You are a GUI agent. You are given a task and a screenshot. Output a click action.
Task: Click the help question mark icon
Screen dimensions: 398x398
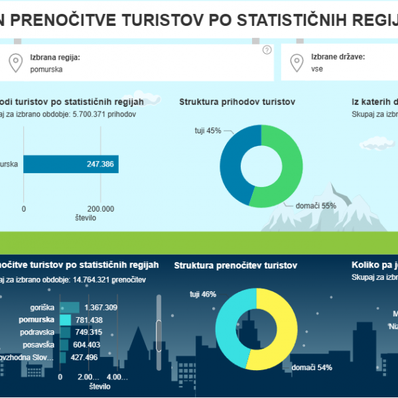click(x=267, y=50)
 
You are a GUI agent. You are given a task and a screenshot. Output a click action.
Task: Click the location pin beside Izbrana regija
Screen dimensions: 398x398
click(x=15, y=62)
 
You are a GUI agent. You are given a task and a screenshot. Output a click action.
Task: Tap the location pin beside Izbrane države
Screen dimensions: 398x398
click(x=297, y=62)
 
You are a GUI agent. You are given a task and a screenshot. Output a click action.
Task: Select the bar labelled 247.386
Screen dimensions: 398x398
click(x=71, y=164)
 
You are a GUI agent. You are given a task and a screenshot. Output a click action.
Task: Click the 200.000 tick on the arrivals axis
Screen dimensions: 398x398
click(x=99, y=208)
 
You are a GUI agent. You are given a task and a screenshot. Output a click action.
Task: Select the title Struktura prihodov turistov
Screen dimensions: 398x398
click(x=237, y=101)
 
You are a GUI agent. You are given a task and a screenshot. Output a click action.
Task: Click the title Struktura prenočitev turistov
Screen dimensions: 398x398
click(x=235, y=265)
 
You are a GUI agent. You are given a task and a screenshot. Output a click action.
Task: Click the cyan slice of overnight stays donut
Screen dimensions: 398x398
click(x=227, y=325)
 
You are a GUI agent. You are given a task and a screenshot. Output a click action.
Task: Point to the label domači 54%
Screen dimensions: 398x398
click(x=312, y=367)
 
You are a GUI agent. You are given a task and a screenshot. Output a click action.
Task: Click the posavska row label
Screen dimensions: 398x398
click(x=38, y=345)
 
